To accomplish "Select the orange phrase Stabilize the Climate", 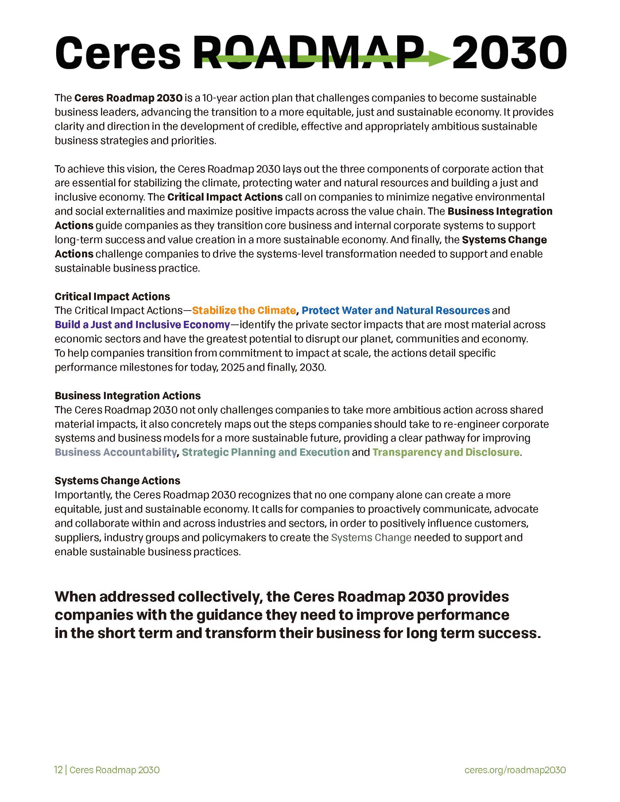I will pos(244,311).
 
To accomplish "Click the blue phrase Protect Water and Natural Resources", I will pos(396,311).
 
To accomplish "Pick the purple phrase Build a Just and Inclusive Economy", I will pos(142,325).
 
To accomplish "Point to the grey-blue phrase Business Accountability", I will pos(116,452).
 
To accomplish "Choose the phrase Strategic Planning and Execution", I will pos(266,452).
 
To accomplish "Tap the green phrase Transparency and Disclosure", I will pos(446,452).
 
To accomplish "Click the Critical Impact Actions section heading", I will pos(112,296).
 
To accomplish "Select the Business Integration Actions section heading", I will pos(127,396).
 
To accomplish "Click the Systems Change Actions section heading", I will pos(117,481).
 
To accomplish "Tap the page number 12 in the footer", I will pos(58,770).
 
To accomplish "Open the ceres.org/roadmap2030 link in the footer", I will pos(515,770).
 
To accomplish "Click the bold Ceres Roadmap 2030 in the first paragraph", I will pos(128,98).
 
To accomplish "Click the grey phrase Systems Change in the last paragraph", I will pos(371,538).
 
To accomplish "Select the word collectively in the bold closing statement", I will pos(220,597).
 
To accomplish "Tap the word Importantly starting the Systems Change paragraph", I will pos(83,495).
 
